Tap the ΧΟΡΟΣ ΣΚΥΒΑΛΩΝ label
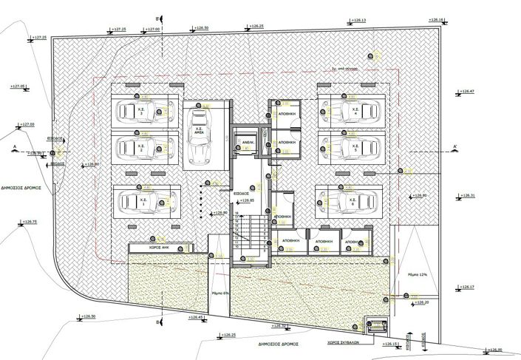344,343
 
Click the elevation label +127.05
18,86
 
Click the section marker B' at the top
158,16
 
